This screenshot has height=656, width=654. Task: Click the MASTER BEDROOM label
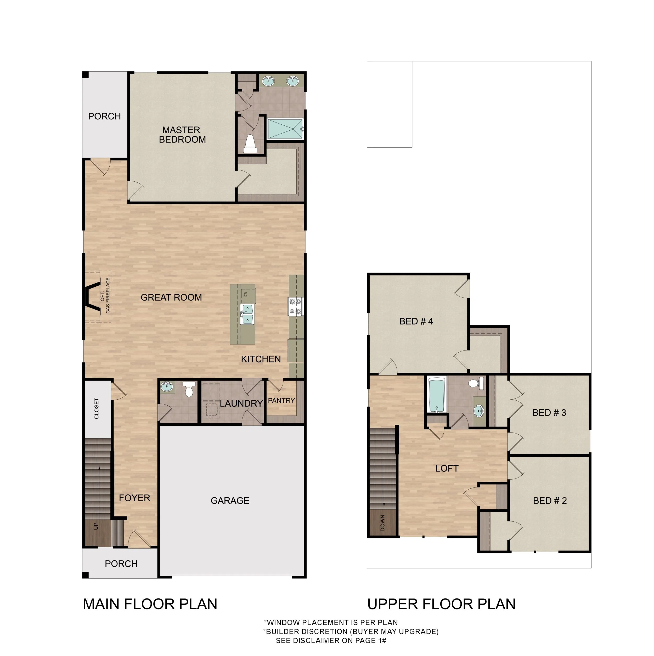click(x=182, y=135)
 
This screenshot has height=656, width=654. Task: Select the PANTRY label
click(x=281, y=401)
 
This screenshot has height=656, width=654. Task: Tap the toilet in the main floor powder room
click(x=189, y=390)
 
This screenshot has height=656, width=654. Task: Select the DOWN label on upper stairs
click(x=382, y=523)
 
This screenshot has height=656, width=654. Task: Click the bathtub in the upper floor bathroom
click(x=436, y=396)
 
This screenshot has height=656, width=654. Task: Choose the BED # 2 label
click(x=550, y=500)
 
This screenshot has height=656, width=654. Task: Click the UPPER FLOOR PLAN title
click(x=441, y=604)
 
